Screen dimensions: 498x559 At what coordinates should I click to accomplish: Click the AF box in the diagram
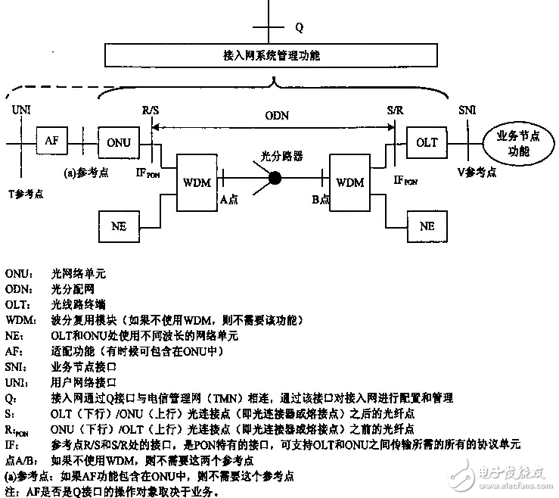coord(51,141)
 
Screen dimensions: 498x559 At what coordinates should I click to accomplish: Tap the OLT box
coord(427,142)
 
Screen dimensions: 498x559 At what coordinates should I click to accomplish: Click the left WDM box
coord(197,182)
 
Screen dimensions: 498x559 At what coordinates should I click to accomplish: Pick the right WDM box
coord(349,182)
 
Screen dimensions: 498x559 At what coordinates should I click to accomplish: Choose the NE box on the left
coord(119,226)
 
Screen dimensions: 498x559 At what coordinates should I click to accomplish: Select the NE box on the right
coord(427,226)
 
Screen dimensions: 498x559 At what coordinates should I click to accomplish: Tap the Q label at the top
coord(299,28)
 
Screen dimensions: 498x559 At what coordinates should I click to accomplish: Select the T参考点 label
coord(24,194)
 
